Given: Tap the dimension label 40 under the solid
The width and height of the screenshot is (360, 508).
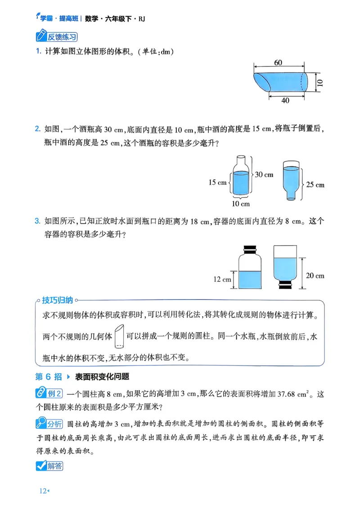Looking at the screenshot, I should [286, 101].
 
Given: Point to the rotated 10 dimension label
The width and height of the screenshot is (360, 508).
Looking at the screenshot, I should [319, 83].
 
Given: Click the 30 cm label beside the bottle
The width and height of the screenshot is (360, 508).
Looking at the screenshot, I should [265, 174].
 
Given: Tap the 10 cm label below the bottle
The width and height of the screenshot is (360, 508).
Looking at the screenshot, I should [240, 204].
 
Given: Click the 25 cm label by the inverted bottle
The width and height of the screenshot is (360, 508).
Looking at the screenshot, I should [315, 184].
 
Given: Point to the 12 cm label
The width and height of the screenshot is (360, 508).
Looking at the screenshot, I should [222, 279].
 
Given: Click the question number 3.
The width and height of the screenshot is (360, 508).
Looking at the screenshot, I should [38, 221].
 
